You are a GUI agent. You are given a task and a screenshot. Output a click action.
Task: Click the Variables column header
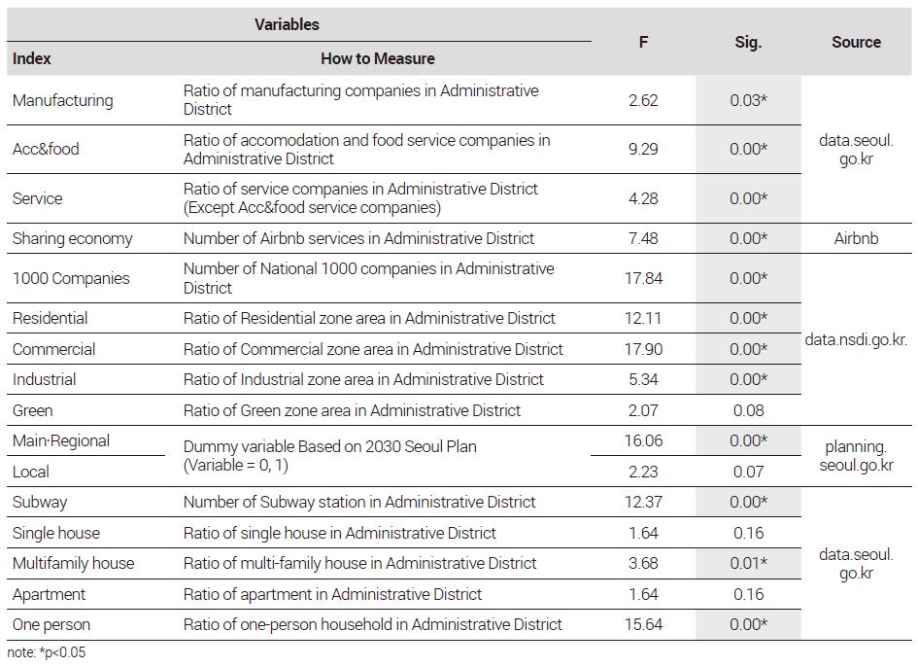[287, 24]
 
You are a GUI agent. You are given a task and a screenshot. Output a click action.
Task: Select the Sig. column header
[748, 42]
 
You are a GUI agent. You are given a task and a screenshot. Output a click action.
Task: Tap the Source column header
[856, 42]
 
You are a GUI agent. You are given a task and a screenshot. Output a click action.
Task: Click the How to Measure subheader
[378, 58]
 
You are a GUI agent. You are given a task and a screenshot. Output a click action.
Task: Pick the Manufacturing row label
[62, 100]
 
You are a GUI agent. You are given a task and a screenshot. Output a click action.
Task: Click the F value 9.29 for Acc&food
[643, 149]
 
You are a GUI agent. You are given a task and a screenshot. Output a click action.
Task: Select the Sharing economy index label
[72, 238]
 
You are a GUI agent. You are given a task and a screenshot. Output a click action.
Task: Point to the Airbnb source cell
[856, 238]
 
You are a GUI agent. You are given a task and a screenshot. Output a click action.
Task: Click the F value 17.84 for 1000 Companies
[643, 278]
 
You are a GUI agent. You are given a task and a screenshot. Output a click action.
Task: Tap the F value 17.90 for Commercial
[643, 349]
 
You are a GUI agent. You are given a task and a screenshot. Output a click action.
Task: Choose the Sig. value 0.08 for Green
[748, 410]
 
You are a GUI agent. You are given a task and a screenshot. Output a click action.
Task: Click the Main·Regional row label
[61, 440]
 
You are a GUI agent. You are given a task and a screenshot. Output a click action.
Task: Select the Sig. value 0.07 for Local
[748, 472]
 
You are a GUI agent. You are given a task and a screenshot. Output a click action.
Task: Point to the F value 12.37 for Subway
[643, 502]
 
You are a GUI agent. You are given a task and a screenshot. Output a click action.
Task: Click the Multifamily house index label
[73, 563]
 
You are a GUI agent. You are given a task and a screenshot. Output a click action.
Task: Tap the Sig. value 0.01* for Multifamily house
[748, 563]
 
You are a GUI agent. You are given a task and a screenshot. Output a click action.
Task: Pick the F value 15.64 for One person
[643, 624]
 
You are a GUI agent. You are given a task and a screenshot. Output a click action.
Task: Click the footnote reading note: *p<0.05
[47, 652]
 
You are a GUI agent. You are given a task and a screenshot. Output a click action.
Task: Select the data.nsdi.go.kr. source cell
[856, 339]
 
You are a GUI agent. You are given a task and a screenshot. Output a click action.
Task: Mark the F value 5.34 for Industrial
[643, 379]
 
